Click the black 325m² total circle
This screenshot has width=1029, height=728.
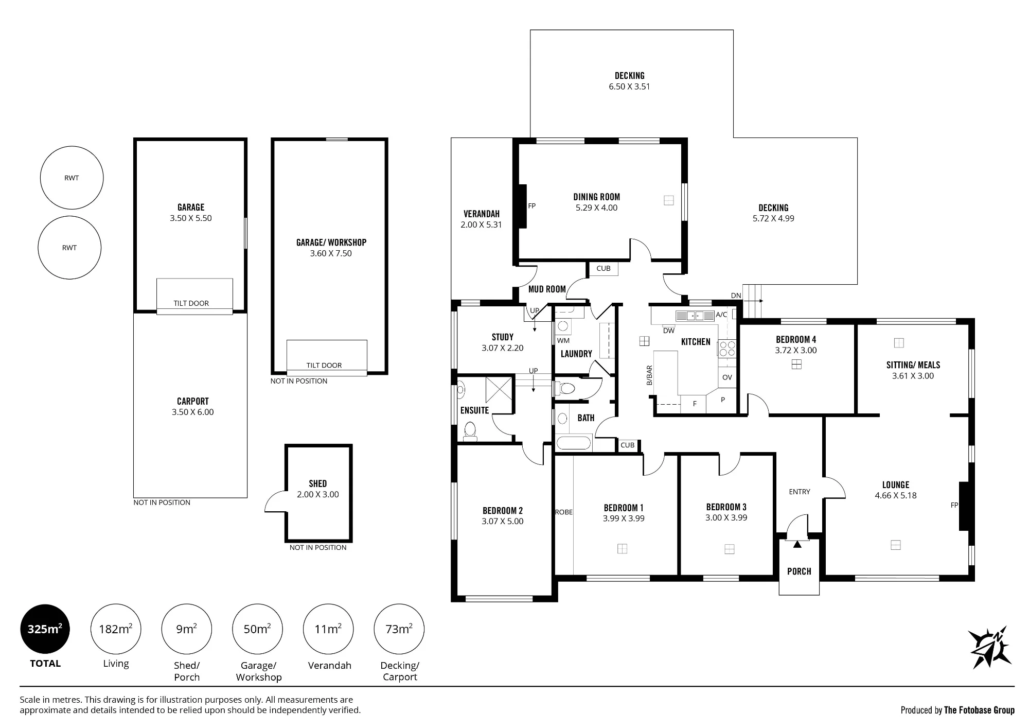click(x=45, y=629)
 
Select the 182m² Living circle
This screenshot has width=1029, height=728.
click(x=116, y=629)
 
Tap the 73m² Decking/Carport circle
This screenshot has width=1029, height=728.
click(x=399, y=629)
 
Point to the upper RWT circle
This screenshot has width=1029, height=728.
click(x=72, y=178)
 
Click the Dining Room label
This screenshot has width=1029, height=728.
click(x=597, y=197)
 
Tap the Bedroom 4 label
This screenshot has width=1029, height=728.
click(x=796, y=339)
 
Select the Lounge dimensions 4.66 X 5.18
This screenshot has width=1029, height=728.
click(x=896, y=495)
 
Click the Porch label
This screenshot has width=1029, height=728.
click(x=799, y=571)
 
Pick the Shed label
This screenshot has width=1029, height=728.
click(x=318, y=483)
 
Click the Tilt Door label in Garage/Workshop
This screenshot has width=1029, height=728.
click(x=324, y=365)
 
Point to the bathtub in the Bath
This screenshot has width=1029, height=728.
click(x=574, y=443)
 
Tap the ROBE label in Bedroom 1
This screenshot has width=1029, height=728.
click(x=564, y=512)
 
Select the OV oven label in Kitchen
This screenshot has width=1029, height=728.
click(x=727, y=377)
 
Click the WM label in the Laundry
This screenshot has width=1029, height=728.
click(x=563, y=340)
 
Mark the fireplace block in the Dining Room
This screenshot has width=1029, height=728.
click(x=522, y=206)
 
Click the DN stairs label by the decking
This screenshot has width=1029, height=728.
click(x=736, y=296)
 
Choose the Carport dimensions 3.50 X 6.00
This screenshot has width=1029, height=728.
click(x=193, y=412)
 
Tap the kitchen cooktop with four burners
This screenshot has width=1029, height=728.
click(x=728, y=349)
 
